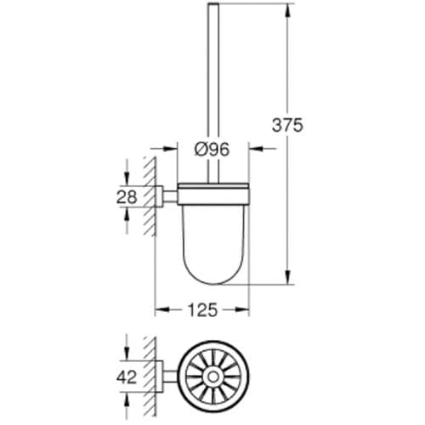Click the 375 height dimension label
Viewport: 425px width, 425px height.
pos(287,124)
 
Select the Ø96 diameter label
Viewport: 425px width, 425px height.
pos(212,150)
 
